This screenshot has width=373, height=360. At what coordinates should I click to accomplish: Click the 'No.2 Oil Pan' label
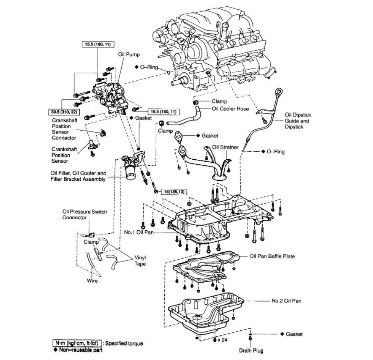286,301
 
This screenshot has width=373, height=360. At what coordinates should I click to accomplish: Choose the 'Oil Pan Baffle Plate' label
272,256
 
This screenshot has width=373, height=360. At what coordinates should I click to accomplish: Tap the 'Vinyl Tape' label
140,260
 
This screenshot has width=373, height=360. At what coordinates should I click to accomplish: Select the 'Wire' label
93,280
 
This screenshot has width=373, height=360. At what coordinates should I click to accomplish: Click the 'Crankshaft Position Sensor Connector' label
64,129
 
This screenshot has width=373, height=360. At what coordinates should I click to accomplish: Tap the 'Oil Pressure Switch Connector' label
78,215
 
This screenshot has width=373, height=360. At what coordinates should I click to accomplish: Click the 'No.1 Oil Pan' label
139,232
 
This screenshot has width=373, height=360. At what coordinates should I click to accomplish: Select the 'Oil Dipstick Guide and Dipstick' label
297,120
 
